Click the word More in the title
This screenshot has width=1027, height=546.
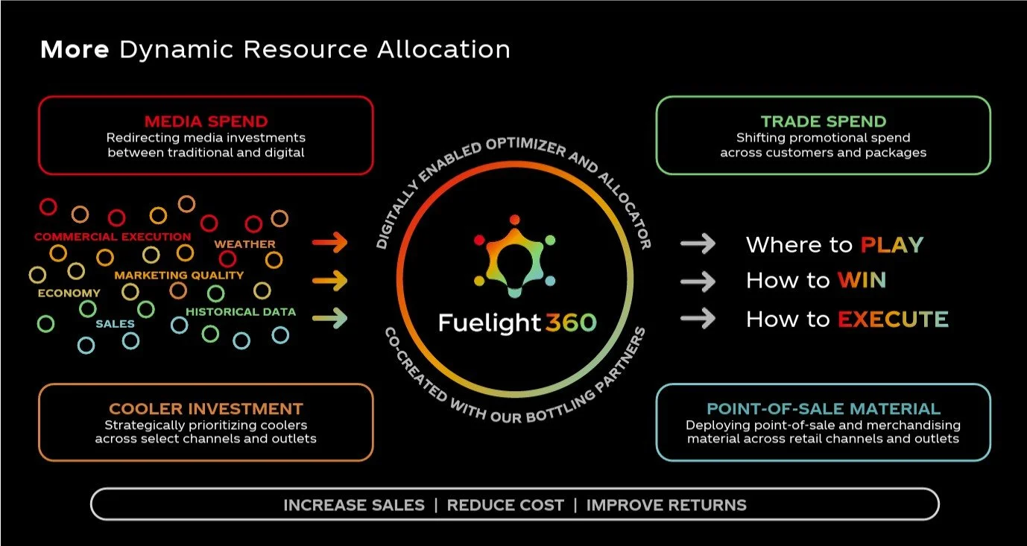click(x=75, y=50)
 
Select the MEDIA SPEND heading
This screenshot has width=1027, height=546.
click(x=206, y=121)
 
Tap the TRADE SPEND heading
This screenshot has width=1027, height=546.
click(x=823, y=121)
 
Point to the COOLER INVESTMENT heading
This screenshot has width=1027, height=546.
click(x=206, y=409)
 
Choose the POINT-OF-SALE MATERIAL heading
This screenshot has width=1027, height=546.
click(x=823, y=409)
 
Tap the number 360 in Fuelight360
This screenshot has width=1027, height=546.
click(x=570, y=323)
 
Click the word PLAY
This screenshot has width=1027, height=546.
click(x=891, y=245)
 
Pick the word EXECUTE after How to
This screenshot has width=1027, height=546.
click(x=893, y=320)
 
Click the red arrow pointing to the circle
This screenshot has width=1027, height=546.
click(x=330, y=243)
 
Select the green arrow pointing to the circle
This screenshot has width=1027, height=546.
click(x=330, y=319)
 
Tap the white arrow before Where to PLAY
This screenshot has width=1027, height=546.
click(x=698, y=244)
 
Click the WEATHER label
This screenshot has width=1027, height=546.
click(x=244, y=244)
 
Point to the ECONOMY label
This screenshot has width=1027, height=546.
click(x=69, y=293)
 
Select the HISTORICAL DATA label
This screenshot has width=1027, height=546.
click(x=240, y=312)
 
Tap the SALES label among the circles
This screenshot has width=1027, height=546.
click(x=115, y=324)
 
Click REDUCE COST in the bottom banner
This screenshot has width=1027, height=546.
click(x=505, y=505)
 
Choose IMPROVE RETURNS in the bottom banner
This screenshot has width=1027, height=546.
click(x=666, y=505)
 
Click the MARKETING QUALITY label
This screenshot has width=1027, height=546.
click(x=179, y=275)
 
